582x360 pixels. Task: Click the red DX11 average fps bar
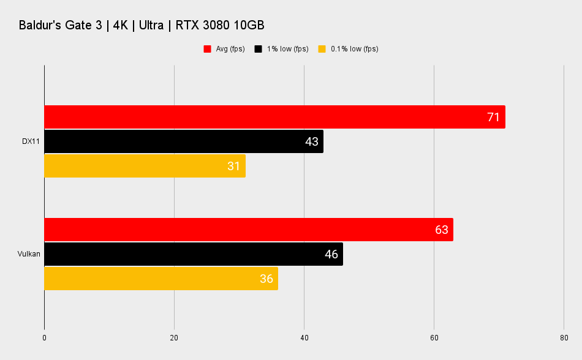click(274, 117)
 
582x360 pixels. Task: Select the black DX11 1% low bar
click(184, 141)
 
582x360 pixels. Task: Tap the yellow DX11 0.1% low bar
click(145, 166)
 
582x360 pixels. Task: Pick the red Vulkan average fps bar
click(249, 230)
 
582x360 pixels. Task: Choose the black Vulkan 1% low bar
click(194, 254)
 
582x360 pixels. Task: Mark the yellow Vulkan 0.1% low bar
click(161, 279)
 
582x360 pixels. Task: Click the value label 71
click(493, 117)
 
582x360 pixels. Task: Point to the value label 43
click(311, 141)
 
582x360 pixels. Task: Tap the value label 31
click(233, 166)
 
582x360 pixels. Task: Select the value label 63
click(441, 230)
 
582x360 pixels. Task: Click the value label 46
click(331, 254)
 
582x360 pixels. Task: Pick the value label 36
click(266, 279)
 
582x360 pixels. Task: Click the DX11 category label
click(31, 141)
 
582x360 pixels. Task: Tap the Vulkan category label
click(29, 254)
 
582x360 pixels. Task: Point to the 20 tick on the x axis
click(174, 338)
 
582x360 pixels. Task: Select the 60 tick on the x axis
click(434, 338)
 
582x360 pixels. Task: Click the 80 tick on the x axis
click(564, 338)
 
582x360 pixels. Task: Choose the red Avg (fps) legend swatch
click(207, 49)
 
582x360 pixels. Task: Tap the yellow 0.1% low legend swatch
click(322, 49)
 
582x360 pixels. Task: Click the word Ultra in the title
click(151, 25)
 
